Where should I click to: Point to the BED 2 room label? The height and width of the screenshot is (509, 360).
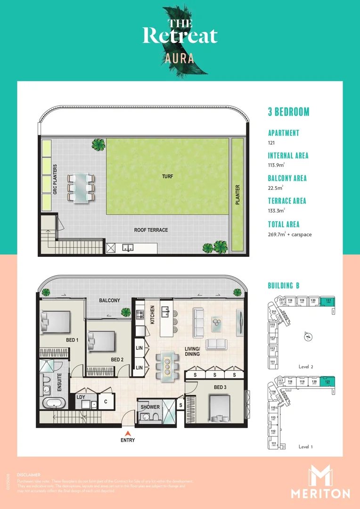tap(117, 360)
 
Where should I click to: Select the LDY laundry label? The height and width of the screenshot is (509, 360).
tap(81, 397)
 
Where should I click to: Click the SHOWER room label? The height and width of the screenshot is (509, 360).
tap(150, 407)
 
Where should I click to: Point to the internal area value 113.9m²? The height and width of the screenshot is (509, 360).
tap(278, 165)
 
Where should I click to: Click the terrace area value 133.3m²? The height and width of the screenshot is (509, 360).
tap(278, 211)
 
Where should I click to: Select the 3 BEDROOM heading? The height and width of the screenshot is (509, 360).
tap(288, 112)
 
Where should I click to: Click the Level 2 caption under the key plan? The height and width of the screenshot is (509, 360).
tap(306, 366)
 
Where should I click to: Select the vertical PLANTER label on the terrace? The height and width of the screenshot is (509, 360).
tap(238, 194)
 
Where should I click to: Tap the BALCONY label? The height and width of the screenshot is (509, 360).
tap(109, 300)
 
